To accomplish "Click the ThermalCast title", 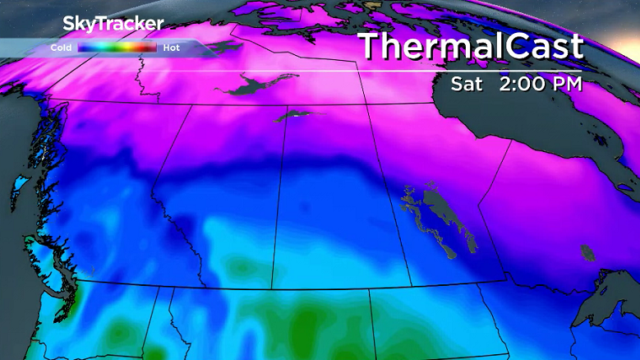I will pyautogui.click(x=471, y=47).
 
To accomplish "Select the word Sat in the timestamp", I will pyautogui.click(x=467, y=84).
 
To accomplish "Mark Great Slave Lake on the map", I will pyautogui.click(x=255, y=83).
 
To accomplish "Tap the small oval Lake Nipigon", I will pyautogui.click(x=587, y=252).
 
